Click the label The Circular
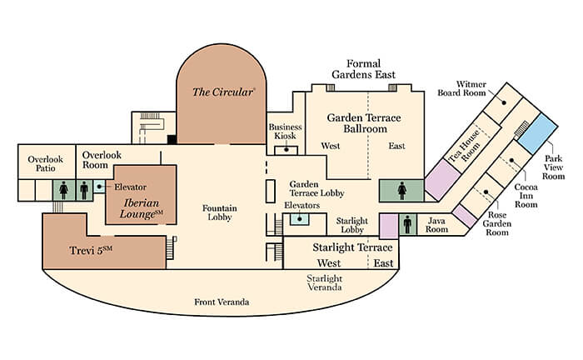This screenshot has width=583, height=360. (223, 92)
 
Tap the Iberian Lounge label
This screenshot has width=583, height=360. (142, 208)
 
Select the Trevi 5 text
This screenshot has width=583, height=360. (91, 250)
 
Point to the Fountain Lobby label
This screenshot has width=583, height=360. (220, 212)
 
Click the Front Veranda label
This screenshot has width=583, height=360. (222, 302)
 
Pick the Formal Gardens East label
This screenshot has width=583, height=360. (364, 69)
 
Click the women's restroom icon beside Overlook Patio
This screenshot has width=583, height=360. (63, 190)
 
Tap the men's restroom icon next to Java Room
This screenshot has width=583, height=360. (407, 225)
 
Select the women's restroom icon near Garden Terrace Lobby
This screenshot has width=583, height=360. (402, 191)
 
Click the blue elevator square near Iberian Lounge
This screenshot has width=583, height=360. (99, 187)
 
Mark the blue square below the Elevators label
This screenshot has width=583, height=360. (300, 218)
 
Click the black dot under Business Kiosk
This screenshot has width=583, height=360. (287, 149)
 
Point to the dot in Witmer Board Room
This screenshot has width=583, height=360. (504, 102)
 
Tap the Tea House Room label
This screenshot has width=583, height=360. (465, 147)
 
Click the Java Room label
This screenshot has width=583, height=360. (436, 225)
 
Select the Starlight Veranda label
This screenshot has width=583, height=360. (325, 282)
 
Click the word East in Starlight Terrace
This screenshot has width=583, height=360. (383, 263)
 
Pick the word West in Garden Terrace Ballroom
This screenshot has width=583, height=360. (331, 146)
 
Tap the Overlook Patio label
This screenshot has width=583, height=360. (46, 163)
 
